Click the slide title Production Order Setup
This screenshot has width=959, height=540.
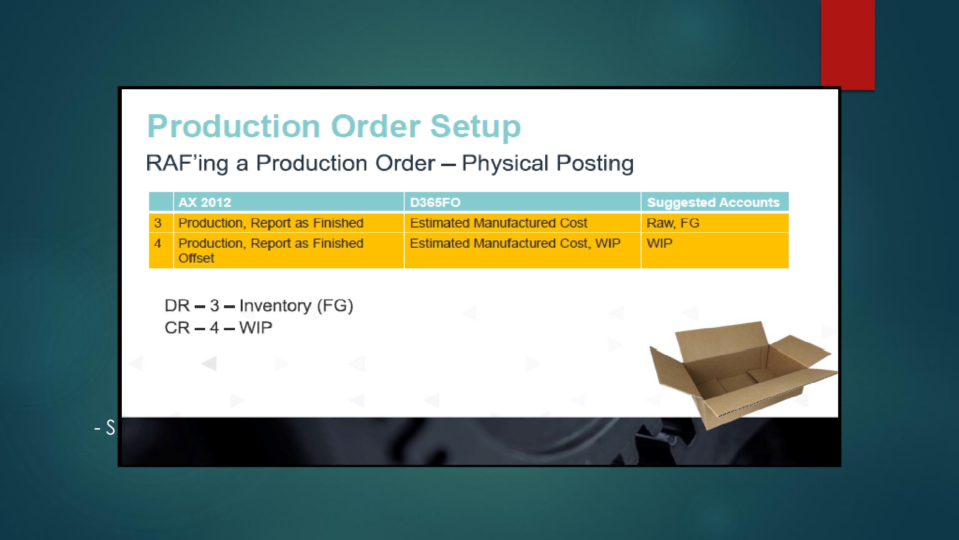[x=334, y=126]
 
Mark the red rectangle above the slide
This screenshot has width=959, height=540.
[x=848, y=45]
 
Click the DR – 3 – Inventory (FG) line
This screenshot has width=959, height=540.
[x=259, y=306]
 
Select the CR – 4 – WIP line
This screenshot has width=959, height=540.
[x=218, y=328]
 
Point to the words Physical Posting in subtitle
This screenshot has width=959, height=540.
[x=548, y=164]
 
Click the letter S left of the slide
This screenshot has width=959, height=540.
[x=110, y=427]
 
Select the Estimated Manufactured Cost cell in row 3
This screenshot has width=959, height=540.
[x=499, y=223]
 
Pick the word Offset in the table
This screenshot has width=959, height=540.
[x=196, y=258]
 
